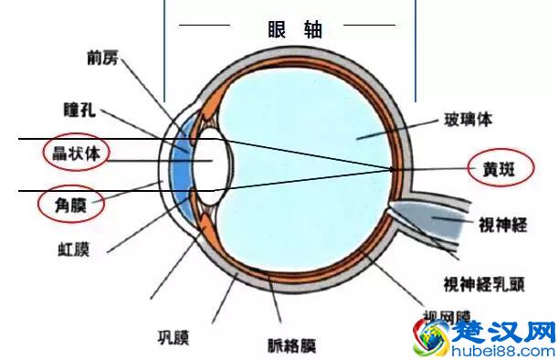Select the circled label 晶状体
coord(73,152)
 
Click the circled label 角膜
coord(70,203)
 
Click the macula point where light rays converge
coord(394,169)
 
